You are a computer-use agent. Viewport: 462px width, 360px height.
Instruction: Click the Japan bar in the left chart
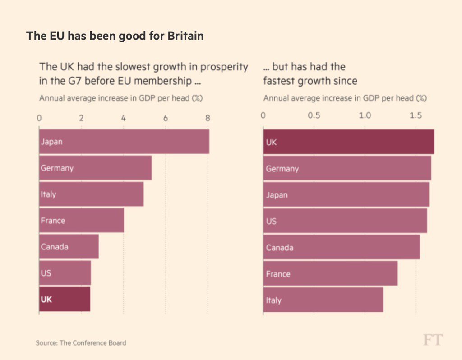124,142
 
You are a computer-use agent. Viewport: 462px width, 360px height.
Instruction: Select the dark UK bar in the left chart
65,299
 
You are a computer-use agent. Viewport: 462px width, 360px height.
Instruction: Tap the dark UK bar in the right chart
348,142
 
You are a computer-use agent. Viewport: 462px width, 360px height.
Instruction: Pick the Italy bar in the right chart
323,300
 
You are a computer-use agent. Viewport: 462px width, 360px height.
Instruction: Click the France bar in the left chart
81,221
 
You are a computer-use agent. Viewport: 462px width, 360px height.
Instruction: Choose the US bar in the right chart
345,221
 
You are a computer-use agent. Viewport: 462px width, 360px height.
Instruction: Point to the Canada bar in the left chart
69,247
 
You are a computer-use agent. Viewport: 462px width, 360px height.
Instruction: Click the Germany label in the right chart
282,169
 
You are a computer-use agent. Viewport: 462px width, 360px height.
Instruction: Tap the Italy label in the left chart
48,194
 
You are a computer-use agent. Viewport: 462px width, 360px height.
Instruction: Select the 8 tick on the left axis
208,118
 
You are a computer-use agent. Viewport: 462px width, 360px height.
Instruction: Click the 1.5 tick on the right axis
416,116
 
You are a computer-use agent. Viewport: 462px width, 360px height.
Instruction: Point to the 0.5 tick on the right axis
314,116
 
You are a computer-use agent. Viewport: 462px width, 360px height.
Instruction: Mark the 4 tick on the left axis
124,118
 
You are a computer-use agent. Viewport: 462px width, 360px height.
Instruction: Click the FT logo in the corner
433,340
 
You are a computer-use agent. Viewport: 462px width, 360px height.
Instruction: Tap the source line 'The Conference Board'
92,343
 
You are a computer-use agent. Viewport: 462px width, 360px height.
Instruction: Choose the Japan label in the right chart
277,195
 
